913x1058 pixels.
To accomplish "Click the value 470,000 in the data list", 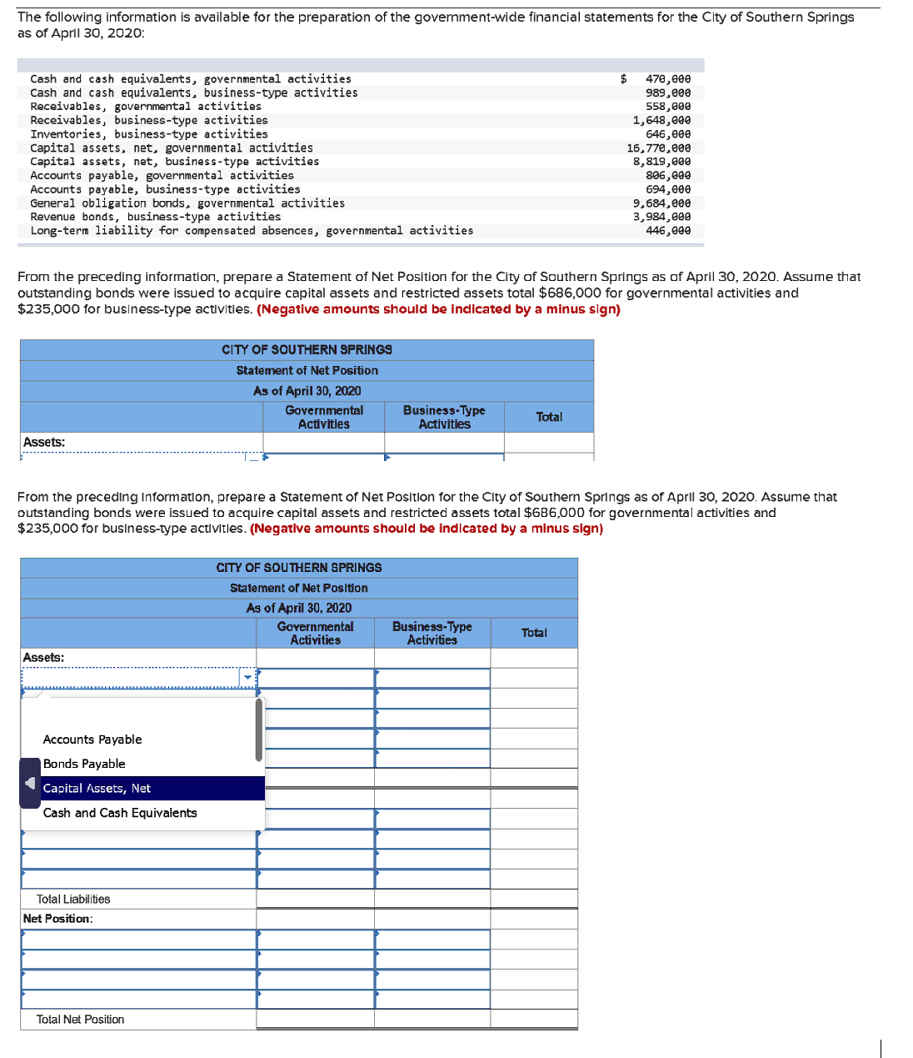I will (x=667, y=78).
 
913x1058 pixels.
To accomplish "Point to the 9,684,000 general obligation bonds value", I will (x=661, y=203).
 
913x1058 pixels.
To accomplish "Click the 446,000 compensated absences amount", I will (x=667, y=230).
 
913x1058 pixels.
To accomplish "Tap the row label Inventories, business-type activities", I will (x=149, y=133).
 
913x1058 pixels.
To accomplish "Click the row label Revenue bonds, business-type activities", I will (x=155, y=217).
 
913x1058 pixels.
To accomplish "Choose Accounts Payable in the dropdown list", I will (x=92, y=740).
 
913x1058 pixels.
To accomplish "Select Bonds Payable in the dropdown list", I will (x=84, y=764).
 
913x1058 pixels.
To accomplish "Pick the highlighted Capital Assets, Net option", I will (x=97, y=788).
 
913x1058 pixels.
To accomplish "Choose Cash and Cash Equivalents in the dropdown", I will (x=120, y=813).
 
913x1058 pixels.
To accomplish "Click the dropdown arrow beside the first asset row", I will (x=247, y=678).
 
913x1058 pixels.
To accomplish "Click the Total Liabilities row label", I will (x=73, y=899).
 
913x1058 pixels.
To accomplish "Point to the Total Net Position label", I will (x=80, y=1020).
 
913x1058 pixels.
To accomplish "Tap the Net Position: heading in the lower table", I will (x=57, y=918).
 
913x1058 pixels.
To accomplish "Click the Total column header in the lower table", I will (x=534, y=633).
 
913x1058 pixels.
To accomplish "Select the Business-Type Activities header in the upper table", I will (x=444, y=417).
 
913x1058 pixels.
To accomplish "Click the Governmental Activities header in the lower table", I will (x=315, y=633).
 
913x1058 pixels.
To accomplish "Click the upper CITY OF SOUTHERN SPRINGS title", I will (x=307, y=349).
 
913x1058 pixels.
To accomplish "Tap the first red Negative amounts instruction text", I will (x=438, y=309).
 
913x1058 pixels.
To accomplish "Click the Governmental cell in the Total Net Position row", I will (x=315, y=1020).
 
